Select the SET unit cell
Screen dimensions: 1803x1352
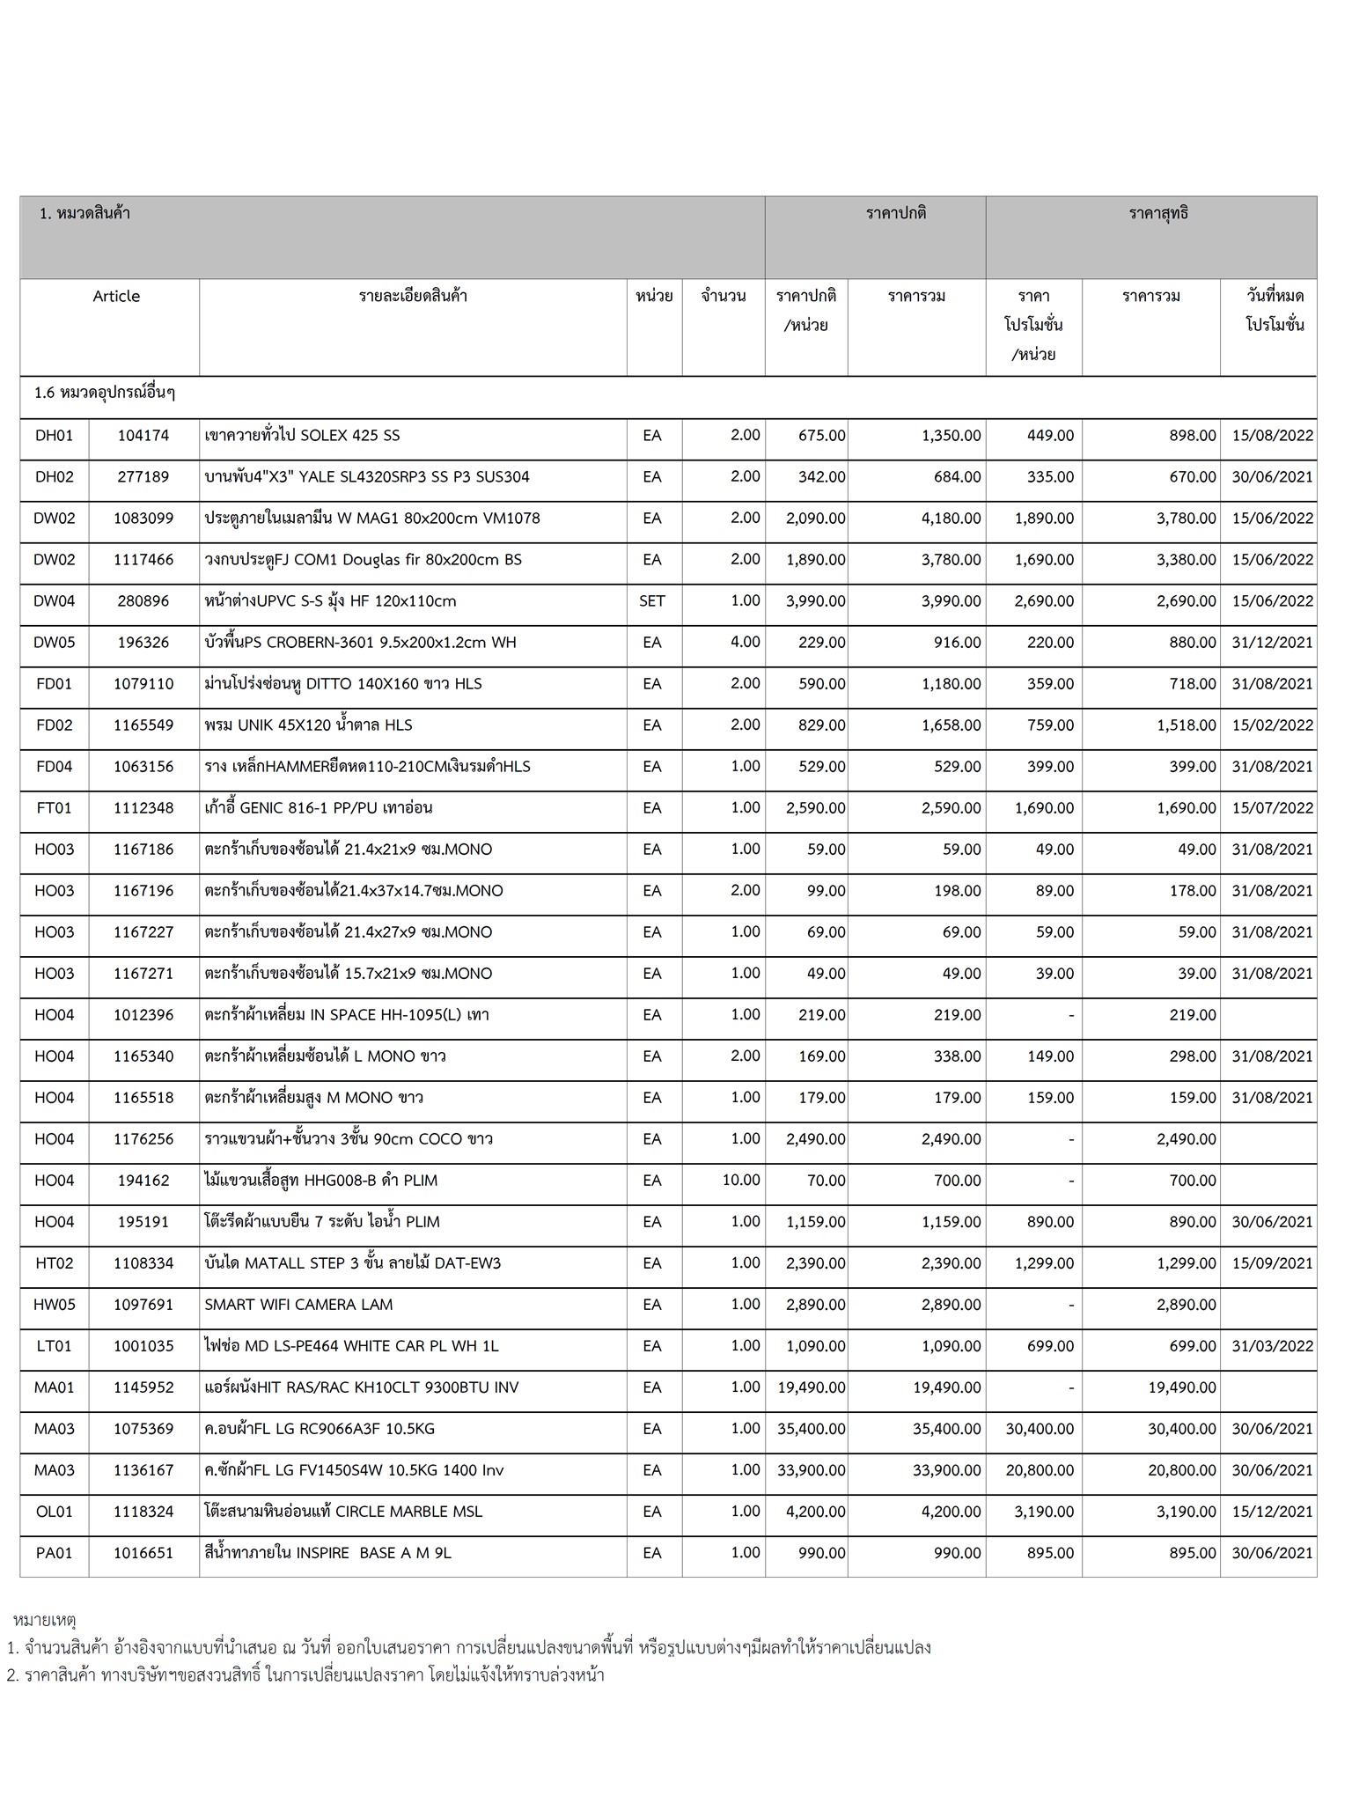tap(652, 601)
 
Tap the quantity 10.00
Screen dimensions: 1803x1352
tap(740, 1180)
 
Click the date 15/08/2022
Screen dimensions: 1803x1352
tap(1272, 436)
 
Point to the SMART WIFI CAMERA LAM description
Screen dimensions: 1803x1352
tap(298, 1304)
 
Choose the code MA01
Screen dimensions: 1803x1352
tap(55, 1387)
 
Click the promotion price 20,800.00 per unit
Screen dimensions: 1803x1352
tap(1040, 1469)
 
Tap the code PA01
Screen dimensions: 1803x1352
tap(55, 1552)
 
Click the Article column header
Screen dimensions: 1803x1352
tap(116, 296)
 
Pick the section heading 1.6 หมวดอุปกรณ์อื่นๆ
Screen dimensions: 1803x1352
tap(105, 393)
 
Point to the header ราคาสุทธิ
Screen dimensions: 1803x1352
tap(1158, 213)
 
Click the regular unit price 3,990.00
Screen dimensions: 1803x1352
tap(816, 601)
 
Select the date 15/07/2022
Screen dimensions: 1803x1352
tap(1272, 807)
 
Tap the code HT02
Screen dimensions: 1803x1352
tap(55, 1262)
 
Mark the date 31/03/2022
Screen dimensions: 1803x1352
tap(1272, 1345)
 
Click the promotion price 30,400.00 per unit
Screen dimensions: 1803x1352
tap(1040, 1428)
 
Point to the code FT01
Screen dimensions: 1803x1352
tap(55, 807)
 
